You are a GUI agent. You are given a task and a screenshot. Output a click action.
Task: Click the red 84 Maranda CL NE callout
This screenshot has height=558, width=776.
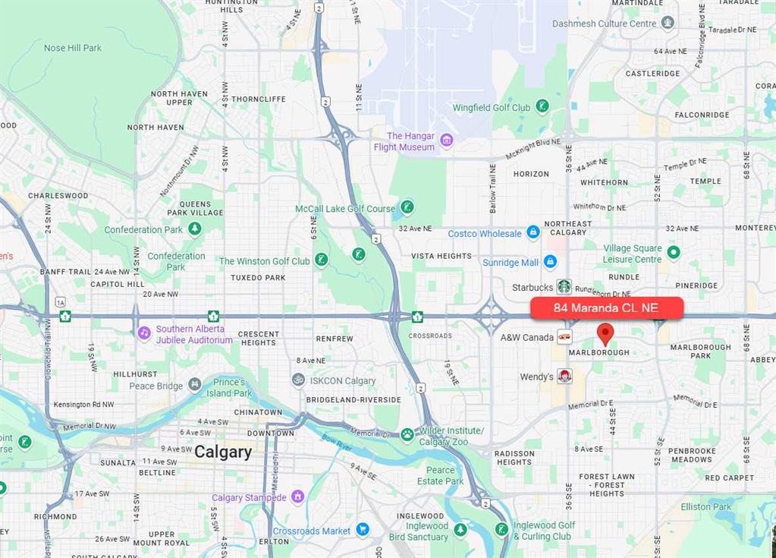tap(606, 307)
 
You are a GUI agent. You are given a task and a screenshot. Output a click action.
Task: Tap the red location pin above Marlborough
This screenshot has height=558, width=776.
tap(605, 333)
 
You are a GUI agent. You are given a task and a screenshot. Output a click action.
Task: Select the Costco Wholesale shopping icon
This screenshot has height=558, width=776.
tap(533, 232)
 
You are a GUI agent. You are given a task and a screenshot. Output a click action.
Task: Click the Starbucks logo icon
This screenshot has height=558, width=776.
tap(564, 286)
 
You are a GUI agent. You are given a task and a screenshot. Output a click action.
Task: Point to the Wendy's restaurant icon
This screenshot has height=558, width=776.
tap(564, 377)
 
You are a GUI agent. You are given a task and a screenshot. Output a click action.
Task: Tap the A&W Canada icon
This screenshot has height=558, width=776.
tap(564, 336)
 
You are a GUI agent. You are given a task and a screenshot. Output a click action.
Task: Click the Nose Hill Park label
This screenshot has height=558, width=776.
tap(73, 48)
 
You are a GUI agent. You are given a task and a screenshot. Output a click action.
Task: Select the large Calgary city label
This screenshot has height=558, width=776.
tap(222, 452)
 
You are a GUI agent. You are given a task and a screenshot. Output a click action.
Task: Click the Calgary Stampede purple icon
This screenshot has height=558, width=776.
tap(297, 497)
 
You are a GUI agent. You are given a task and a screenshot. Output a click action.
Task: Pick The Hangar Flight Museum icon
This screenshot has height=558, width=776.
tap(446, 140)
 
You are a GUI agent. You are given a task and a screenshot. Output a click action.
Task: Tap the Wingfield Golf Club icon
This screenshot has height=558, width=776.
tap(542, 107)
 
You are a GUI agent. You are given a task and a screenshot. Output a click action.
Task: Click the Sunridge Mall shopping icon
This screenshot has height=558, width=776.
tap(550, 262)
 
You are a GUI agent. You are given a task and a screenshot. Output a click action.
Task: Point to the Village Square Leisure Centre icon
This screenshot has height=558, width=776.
tap(674, 252)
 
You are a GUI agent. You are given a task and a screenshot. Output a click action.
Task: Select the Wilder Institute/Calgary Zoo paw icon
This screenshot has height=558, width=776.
tap(407, 435)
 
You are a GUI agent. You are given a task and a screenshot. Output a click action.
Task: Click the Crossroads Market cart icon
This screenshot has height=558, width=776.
tap(363, 530)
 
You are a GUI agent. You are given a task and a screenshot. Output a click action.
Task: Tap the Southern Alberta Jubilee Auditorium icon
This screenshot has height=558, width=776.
tap(144, 333)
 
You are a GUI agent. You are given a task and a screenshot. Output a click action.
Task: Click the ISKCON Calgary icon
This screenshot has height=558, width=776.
tap(299, 380)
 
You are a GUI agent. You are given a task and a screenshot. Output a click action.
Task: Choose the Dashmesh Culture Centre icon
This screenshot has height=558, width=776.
tap(668, 23)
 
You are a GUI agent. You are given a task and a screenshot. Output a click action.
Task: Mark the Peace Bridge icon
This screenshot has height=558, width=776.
tap(195, 385)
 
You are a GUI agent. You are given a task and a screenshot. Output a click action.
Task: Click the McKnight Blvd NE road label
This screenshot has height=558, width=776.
tap(533, 148)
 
